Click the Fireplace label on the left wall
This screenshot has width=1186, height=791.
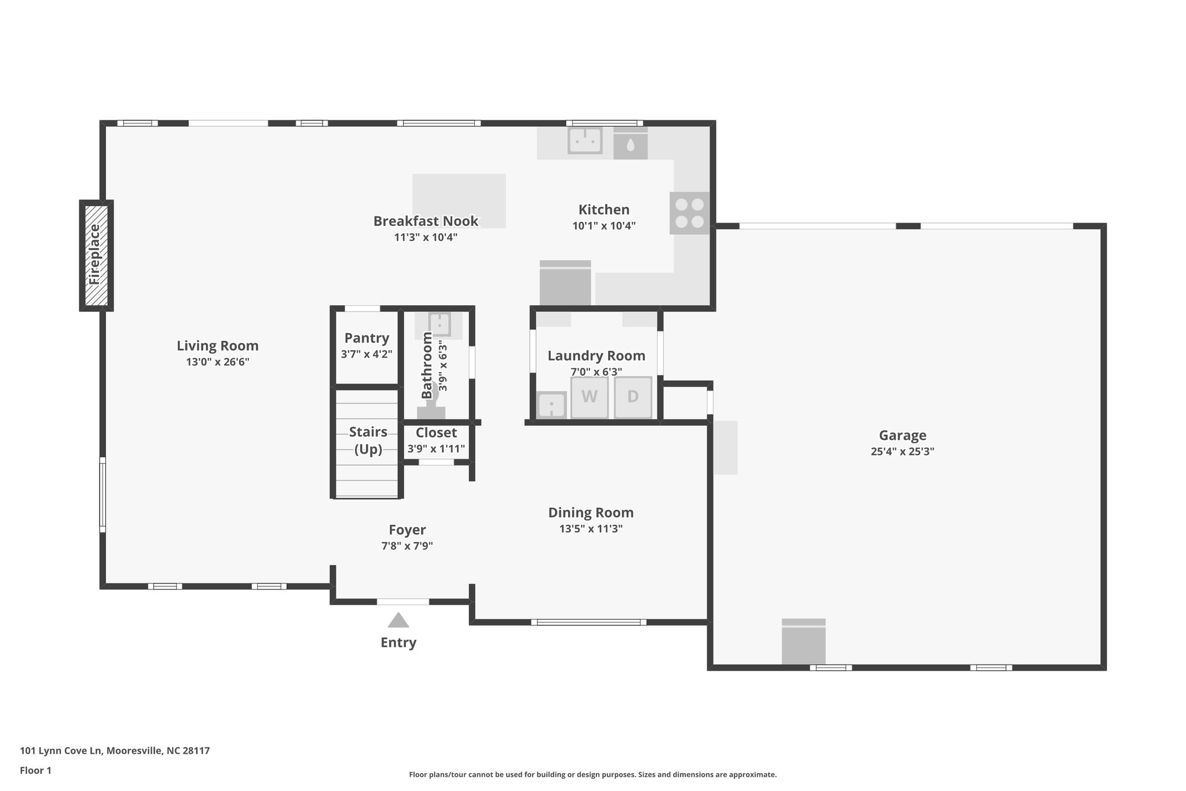point(95,254)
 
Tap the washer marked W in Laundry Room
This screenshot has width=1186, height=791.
point(589,397)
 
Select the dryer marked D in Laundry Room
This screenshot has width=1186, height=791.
point(632,397)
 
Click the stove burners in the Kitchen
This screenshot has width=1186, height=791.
point(689,213)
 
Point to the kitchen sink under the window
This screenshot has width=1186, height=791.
point(584,141)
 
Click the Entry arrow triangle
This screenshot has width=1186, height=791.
point(398,621)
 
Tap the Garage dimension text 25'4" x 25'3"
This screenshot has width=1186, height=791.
point(902,451)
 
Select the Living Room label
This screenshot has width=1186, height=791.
point(217,346)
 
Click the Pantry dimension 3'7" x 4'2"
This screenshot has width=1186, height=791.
point(367,353)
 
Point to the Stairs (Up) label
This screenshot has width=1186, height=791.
point(368,440)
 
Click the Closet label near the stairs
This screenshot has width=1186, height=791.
point(436,433)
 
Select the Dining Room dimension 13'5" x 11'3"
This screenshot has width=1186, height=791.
point(591,528)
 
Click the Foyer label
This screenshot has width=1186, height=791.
point(407,530)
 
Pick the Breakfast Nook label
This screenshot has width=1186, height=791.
point(426,221)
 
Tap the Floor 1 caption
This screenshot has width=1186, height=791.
point(36,771)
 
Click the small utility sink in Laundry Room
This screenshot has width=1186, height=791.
point(551,404)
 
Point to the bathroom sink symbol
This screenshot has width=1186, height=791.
point(440,325)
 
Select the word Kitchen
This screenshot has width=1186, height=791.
point(603,210)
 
